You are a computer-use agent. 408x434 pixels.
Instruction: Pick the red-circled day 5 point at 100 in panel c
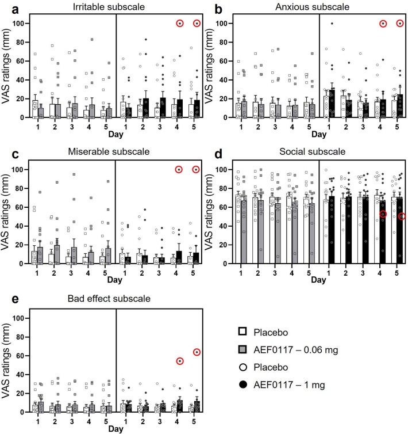197,169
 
